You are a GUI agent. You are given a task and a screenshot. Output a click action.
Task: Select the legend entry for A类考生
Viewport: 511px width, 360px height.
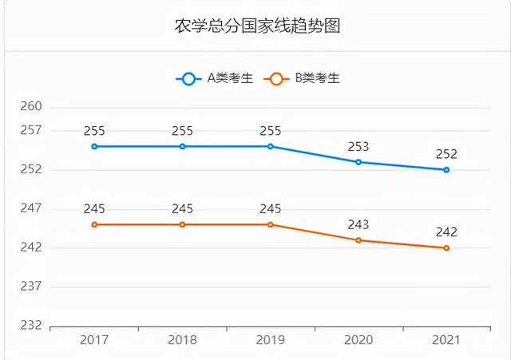[215, 78]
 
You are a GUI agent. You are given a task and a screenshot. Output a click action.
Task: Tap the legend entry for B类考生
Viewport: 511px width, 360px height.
[304, 78]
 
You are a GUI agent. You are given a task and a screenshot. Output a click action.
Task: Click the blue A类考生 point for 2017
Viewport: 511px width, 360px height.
[94, 146]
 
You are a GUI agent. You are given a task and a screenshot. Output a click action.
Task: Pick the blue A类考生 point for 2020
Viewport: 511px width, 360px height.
[358, 162]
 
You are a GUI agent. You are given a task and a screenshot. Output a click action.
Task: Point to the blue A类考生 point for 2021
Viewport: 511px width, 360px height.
[446, 170]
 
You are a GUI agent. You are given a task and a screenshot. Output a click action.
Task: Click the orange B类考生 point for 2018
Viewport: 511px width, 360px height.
[182, 224]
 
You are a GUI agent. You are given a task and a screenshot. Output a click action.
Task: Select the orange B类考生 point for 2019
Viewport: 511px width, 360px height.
[271, 224]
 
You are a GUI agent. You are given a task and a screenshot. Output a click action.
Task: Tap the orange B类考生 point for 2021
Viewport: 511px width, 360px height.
[446, 248]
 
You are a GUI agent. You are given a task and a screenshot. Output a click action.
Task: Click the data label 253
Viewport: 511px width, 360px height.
[358, 147]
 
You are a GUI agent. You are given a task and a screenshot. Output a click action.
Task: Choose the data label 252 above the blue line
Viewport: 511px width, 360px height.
[446, 155]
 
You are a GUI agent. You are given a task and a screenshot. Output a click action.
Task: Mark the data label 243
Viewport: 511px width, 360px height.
[358, 225]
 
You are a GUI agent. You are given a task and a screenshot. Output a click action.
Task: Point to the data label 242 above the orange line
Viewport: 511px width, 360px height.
[446, 232]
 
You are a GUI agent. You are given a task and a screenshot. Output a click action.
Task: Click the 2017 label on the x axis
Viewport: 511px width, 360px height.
[94, 340]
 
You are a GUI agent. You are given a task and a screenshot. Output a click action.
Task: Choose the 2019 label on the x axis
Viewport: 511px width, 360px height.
[271, 340]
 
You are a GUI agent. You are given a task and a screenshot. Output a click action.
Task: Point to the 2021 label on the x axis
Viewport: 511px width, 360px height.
[446, 340]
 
